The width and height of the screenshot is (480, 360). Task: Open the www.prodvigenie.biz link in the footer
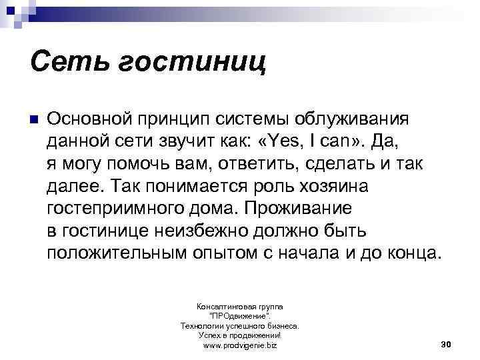[239, 347]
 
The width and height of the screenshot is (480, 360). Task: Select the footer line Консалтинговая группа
[239, 305]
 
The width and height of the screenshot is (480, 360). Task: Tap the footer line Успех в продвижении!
[239, 336]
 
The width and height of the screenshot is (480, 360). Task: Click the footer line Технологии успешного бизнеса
[239, 326]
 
